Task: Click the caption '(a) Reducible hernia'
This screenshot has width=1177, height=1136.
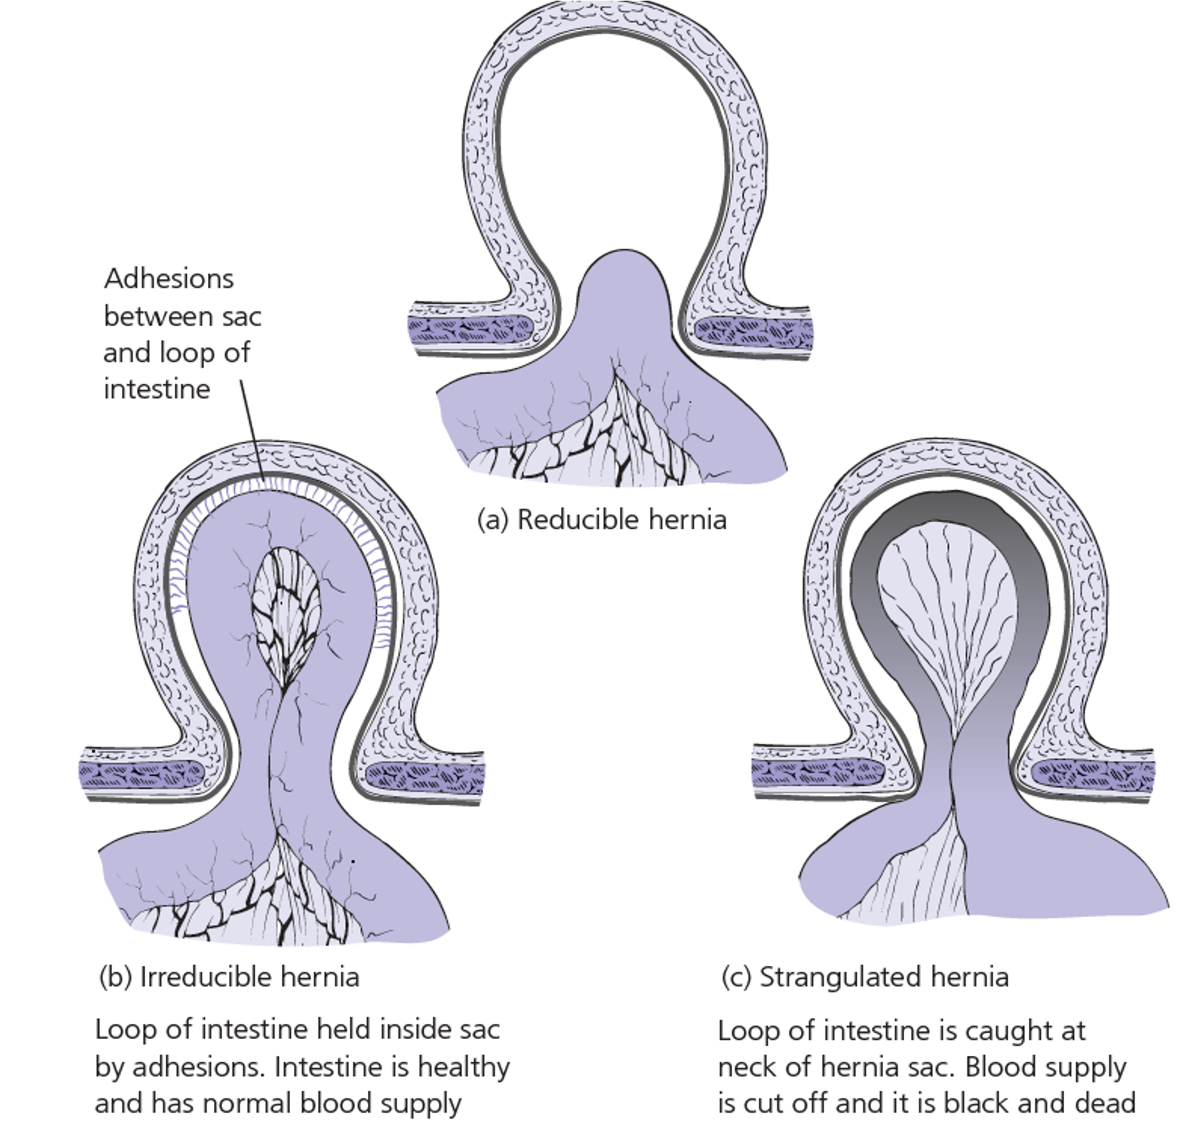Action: tap(601, 520)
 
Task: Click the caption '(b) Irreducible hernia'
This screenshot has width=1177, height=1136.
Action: tap(229, 977)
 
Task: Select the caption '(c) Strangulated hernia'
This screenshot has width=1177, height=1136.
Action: tap(864, 977)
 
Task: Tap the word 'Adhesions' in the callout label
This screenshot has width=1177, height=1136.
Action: tap(169, 279)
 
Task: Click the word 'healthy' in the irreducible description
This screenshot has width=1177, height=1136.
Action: tap(463, 1067)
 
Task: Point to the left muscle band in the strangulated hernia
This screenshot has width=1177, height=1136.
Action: tap(817, 772)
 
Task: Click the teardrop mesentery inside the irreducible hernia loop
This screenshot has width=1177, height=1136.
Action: tap(286, 613)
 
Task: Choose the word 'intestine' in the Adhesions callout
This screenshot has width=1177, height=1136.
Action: tap(157, 390)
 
